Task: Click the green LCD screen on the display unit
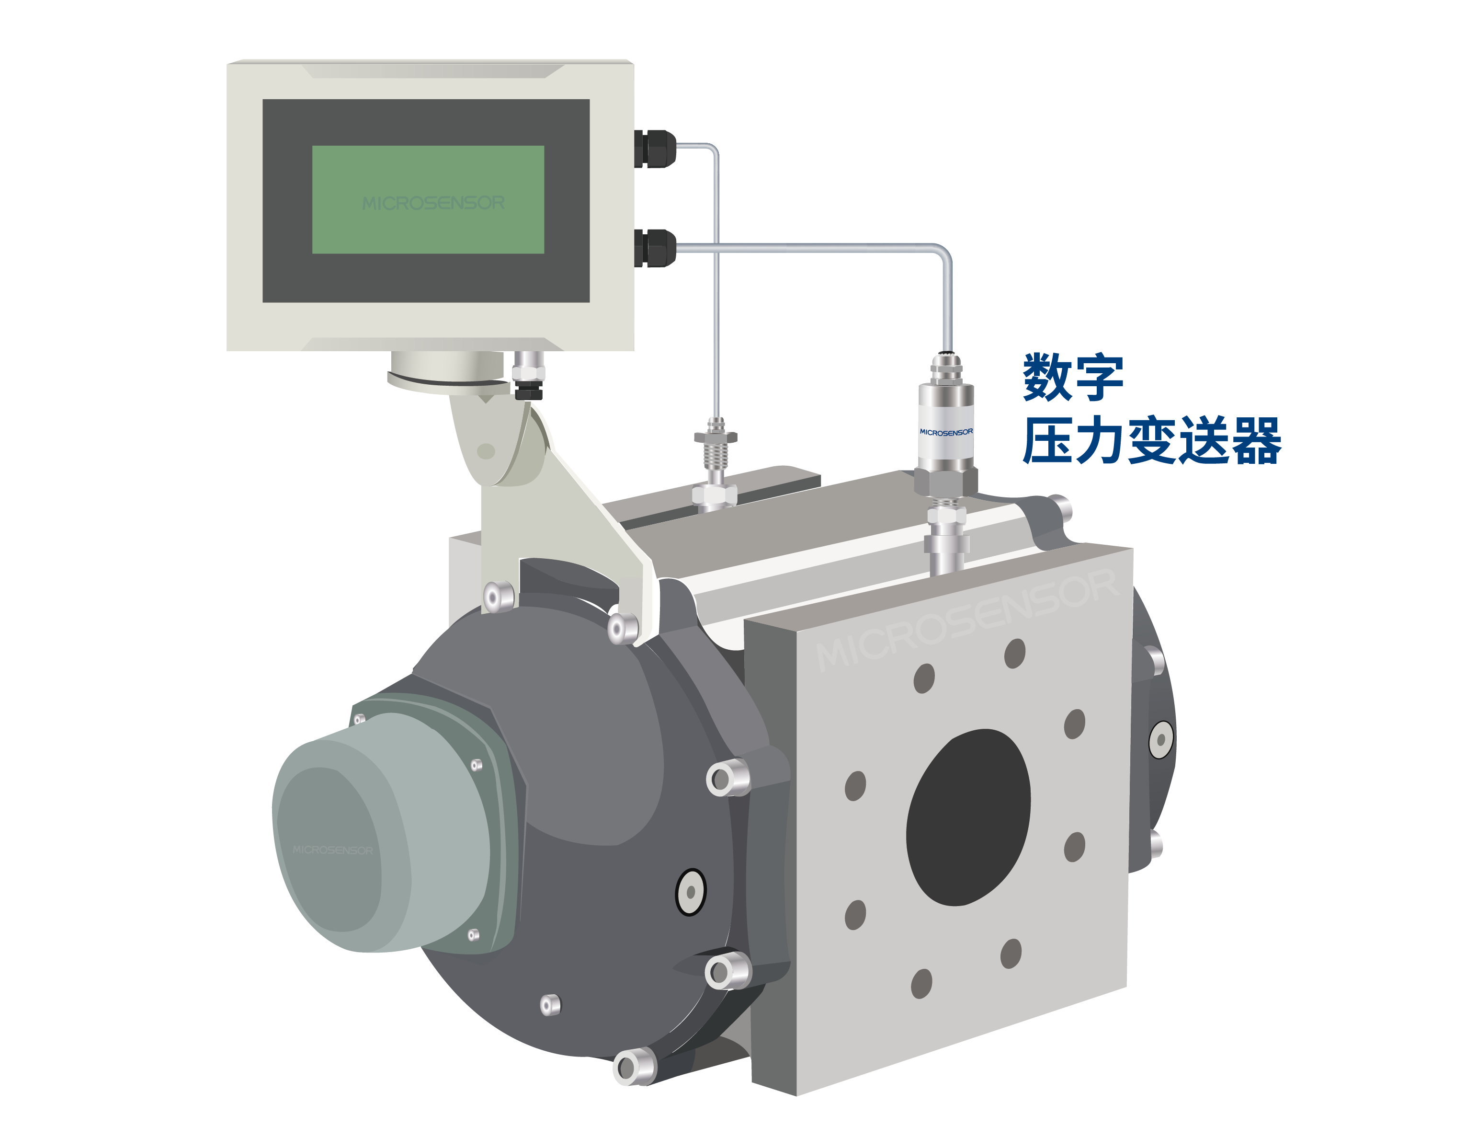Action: [x=428, y=200]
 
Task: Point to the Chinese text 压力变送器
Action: [x=1152, y=440]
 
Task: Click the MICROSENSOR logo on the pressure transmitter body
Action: [x=946, y=432]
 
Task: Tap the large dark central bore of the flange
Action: [x=968, y=816]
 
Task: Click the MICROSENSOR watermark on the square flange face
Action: [x=967, y=621]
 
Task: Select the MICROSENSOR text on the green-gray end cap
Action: [x=333, y=850]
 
